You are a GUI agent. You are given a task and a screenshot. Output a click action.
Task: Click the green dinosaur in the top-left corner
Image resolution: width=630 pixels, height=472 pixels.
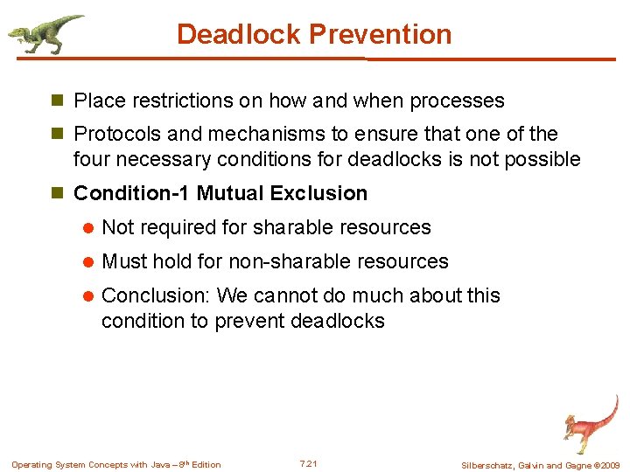45,33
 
